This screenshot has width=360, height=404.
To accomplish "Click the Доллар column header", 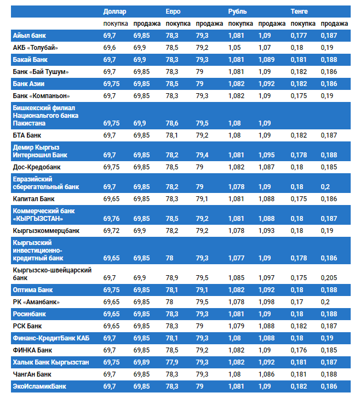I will pyautogui.click(x=115, y=12).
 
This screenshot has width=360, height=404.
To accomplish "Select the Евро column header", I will pyautogui.click(x=173, y=12).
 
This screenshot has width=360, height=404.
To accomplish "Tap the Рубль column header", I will pyautogui.click(x=237, y=12).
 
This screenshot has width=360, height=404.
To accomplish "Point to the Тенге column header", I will pyautogui.click(x=299, y=12).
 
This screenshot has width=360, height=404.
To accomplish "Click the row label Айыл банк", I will pyautogui.click(x=30, y=36).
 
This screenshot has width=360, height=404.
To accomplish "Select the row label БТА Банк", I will pyautogui.click(x=28, y=135).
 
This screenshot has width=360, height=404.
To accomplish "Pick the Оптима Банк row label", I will pyautogui.click(x=33, y=289).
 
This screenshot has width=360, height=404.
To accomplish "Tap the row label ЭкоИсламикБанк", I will pyautogui.click(x=39, y=386).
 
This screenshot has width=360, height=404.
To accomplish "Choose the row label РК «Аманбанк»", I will pyautogui.click(x=36, y=302).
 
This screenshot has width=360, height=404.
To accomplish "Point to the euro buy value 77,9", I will pyautogui.click(x=172, y=362).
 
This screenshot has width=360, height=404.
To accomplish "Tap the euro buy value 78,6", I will pyautogui.click(x=172, y=123).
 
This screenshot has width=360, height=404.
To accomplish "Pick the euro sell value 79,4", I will pyautogui.click(x=203, y=155).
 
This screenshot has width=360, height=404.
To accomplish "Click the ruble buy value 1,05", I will pyautogui.click(x=235, y=48).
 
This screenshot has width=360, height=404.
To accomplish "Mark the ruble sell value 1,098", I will pyautogui.click(x=267, y=302).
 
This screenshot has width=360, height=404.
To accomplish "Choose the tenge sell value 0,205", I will pyautogui.click(x=330, y=278).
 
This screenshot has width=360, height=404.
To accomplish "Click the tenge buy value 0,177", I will pyautogui.click(x=299, y=36).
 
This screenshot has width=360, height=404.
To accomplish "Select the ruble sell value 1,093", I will pyautogui.click(x=267, y=231).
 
